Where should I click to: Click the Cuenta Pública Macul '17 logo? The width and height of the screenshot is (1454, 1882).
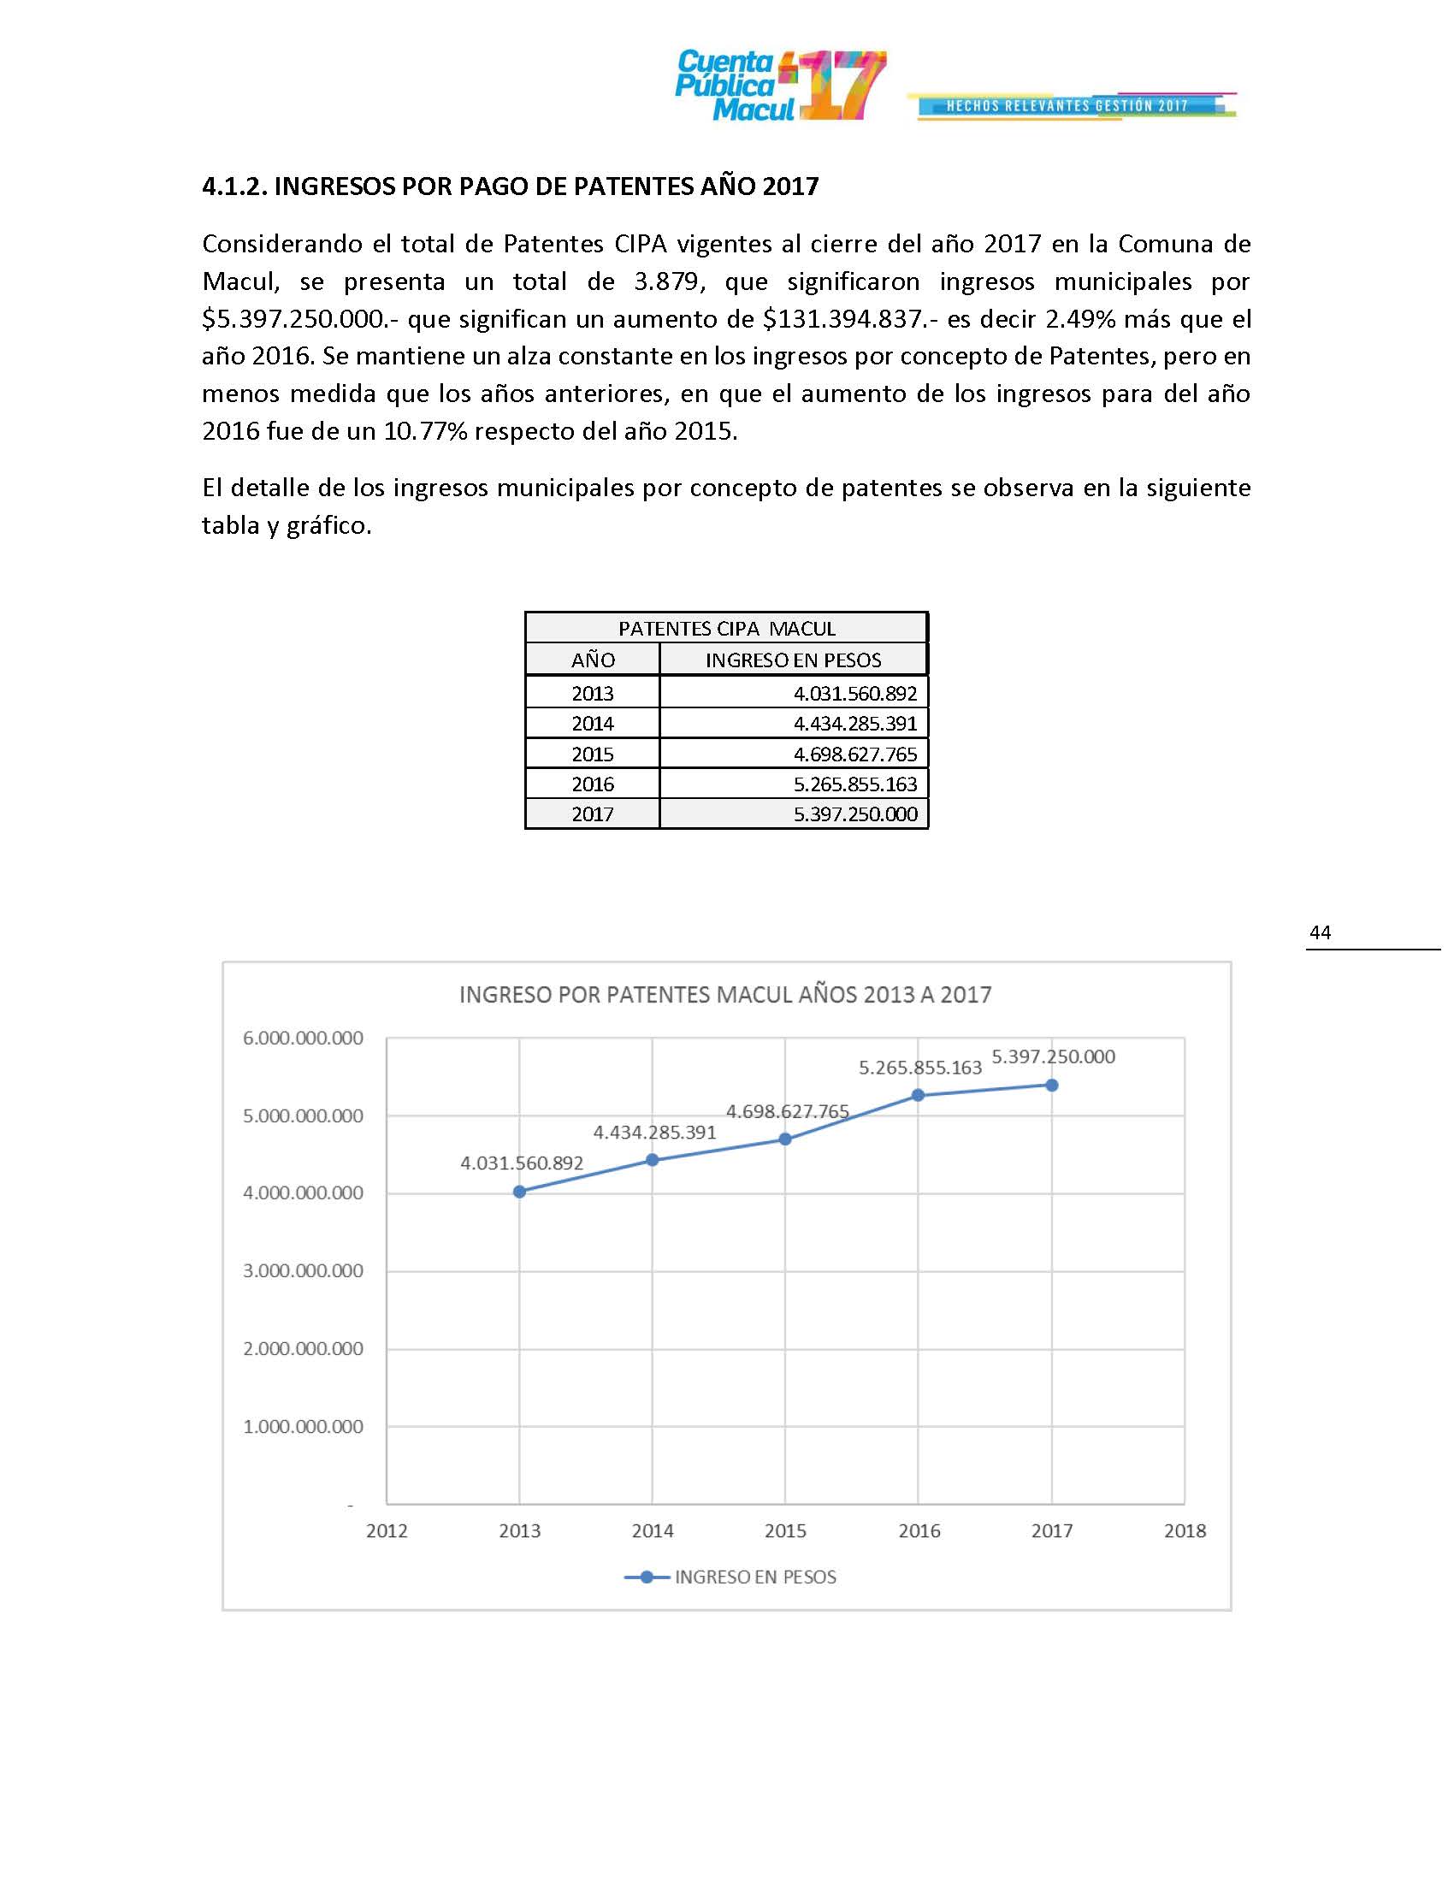click(779, 86)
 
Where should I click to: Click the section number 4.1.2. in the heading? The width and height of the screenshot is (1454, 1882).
click(234, 186)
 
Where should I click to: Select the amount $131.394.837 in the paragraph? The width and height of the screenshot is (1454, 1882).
click(843, 320)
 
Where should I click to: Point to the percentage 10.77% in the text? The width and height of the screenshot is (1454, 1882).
click(425, 431)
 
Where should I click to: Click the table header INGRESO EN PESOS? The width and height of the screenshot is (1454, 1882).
click(793, 660)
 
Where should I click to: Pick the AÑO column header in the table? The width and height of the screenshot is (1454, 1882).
click(593, 660)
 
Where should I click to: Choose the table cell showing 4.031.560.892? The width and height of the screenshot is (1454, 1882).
click(854, 693)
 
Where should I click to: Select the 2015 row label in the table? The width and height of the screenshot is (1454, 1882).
click(593, 754)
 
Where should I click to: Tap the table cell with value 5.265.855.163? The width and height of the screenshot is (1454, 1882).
click(854, 784)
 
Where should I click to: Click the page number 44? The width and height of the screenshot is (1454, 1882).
click(1320, 932)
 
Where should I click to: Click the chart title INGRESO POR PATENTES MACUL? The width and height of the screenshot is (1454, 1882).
click(724, 994)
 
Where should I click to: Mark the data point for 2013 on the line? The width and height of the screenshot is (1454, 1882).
click(519, 1192)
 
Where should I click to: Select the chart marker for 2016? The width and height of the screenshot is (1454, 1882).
click(919, 1095)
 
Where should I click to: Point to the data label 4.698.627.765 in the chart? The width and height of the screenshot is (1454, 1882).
click(787, 1111)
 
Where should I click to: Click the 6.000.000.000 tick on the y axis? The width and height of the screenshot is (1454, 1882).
click(304, 1039)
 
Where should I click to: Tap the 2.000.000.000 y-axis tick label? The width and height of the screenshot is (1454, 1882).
click(304, 1348)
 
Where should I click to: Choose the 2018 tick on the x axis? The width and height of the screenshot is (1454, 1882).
click(1185, 1530)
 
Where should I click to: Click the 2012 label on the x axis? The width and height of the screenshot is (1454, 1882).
click(387, 1530)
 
